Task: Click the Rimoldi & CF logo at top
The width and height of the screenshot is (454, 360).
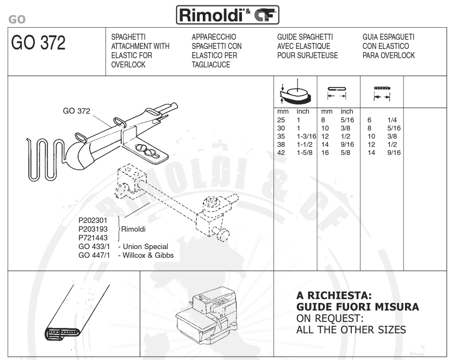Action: pyautogui.click(x=228, y=15)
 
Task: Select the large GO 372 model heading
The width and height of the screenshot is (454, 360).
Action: pyautogui.click(x=38, y=43)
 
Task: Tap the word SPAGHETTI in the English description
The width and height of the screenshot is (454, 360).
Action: pyautogui.click(x=128, y=37)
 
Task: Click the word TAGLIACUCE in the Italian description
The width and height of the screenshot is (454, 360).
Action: pyautogui.click(x=211, y=65)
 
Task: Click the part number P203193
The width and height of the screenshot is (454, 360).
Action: pyautogui.click(x=93, y=229)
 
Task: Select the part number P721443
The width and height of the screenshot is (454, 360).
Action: pyautogui.click(x=93, y=238)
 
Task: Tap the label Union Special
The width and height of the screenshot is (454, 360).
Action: pyautogui.click(x=145, y=246)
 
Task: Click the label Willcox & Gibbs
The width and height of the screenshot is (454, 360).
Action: pyautogui.click(x=148, y=255)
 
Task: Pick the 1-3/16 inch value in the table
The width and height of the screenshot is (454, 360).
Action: pyautogui.click(x=306, y=136)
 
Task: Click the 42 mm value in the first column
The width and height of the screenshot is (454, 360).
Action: pyautogui.click(x=281, y=153)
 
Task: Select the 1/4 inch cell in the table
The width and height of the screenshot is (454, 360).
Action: pyautogui.click(x=392, y=120)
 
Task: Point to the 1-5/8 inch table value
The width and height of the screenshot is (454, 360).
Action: pyautogui.click(x=304, y=153)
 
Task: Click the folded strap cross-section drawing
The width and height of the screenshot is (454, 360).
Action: pyautogui.click(x=76, y=312)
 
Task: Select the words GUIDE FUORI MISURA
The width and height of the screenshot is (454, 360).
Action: pyautogui.click(x=358, y=307)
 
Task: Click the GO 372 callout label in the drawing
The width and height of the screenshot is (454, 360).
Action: pyautogui.click(x=77, y=111)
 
